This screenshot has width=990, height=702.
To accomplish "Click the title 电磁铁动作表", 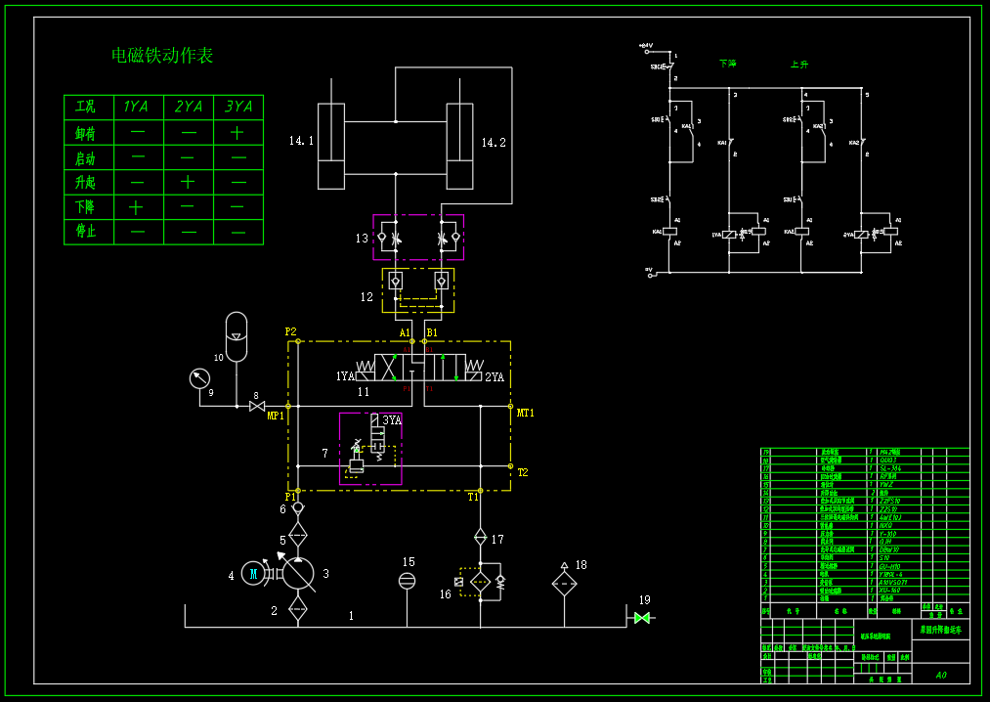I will (162, 56).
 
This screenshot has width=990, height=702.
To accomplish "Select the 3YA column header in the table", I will (238, 107).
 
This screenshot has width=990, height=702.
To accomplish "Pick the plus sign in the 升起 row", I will (188, 182).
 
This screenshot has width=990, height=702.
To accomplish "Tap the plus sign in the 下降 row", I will (136, 207).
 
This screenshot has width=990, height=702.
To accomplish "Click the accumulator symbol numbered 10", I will (236, 334).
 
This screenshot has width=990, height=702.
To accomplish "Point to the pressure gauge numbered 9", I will (199, 378).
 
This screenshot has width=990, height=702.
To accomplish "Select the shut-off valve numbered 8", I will (257, 406).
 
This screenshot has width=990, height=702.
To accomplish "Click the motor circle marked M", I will (253, 574).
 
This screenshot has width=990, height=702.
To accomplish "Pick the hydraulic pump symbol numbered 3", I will (298, 573).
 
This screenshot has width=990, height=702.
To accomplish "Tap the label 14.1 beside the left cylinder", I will (301, 142).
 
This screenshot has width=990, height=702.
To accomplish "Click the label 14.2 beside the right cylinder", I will (494, 143).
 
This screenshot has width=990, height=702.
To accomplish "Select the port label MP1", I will (276, 416).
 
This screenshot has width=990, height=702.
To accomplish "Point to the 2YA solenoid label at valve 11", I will (495, 376).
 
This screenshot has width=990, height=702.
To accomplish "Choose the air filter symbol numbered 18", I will (564, 585).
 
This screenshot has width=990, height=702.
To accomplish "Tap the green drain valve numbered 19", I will (642, 618).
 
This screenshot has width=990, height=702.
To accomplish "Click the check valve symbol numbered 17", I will (480, 537).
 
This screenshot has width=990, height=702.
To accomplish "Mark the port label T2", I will (523, 472).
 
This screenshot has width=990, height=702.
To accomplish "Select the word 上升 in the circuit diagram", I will (799, 65).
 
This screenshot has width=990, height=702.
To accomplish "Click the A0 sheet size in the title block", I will (941, 675).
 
